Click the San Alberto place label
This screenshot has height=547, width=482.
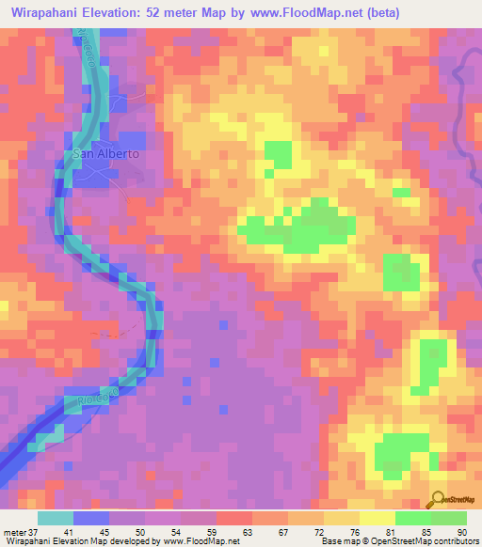pyautogui.click(x=106, y=153)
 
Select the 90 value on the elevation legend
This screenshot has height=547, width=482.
pyautogui.click(x=462, y=532)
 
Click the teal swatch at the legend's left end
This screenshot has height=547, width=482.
pyautogui.click(x=55, y=518)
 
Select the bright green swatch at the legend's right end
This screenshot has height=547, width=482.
pyautogui.click(x=449, y=518)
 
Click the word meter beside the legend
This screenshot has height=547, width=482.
pyautogui.click(x=15, y=532)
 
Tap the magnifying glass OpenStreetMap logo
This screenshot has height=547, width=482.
pyautogui.click(x=439, y=499)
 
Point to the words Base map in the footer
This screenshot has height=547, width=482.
pyautogui.click(x=340, y=541)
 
